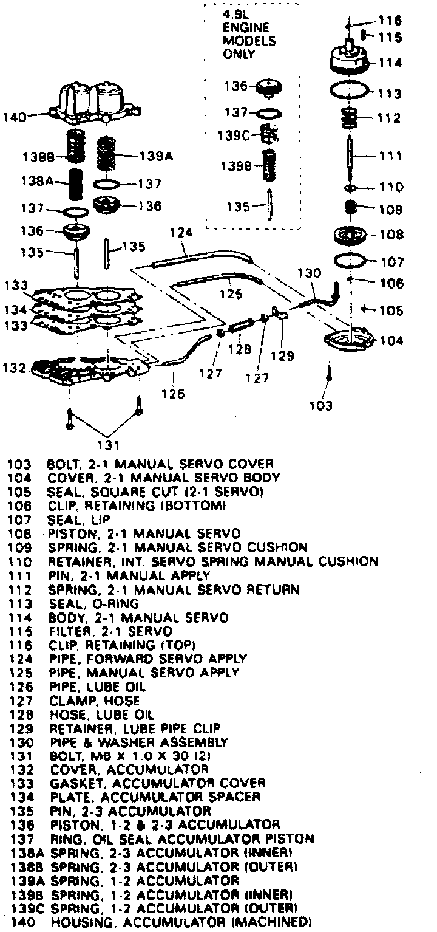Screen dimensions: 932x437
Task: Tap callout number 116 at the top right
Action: tap(389, 20)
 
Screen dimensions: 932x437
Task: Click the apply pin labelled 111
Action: tap(351, 155)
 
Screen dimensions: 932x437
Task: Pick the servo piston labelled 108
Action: tap(351, 234)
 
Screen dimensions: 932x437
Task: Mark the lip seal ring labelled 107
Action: tap(352, 261)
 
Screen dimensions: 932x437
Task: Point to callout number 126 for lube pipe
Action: tap(174, 394)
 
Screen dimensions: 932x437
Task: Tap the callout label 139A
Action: tap(157, 156)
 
